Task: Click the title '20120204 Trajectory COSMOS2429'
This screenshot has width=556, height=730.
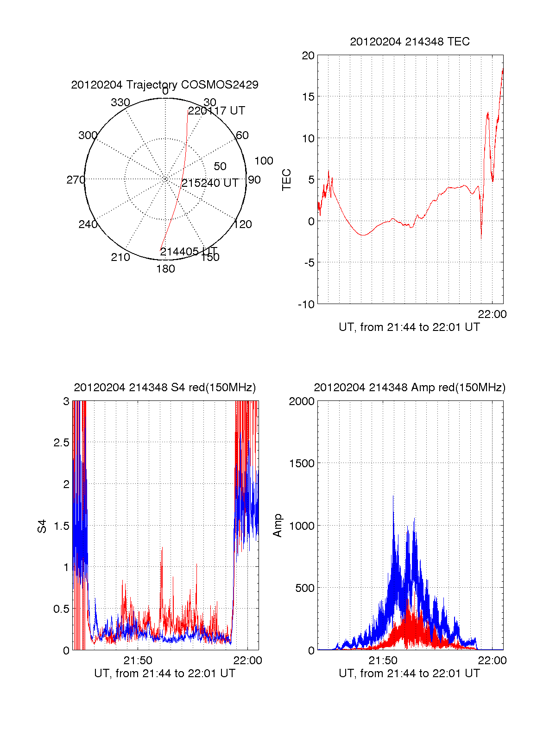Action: coord(164,85)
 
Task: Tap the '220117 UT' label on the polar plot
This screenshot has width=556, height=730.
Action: coord(216,111)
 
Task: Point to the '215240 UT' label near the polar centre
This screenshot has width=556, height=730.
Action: coord(210,183)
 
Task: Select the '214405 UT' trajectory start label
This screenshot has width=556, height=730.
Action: coord(189,252)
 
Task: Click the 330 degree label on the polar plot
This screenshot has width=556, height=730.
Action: coord(120,102)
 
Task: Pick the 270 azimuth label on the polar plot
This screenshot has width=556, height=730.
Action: coord(76,180)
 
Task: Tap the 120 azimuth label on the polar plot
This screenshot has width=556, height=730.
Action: coord(243,224)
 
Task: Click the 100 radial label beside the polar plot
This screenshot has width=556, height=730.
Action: coord(264,161)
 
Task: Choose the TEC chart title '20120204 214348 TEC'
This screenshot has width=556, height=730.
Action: coord(410,42)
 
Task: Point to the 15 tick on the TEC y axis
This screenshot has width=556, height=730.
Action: coord(308,97)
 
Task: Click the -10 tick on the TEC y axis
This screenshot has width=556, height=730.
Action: coord(306,304)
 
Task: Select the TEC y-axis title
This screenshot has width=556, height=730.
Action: coord(287,180)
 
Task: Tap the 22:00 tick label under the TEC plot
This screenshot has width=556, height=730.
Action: coord(492,314)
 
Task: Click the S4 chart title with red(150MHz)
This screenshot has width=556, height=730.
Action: coord(164,387)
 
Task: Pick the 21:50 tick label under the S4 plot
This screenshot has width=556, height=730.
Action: coord(138,660)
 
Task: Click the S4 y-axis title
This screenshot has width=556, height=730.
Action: coord(42,526)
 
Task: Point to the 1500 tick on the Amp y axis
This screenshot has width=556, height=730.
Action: coord(302,463)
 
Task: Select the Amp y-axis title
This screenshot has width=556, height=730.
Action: coord(278,526)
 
